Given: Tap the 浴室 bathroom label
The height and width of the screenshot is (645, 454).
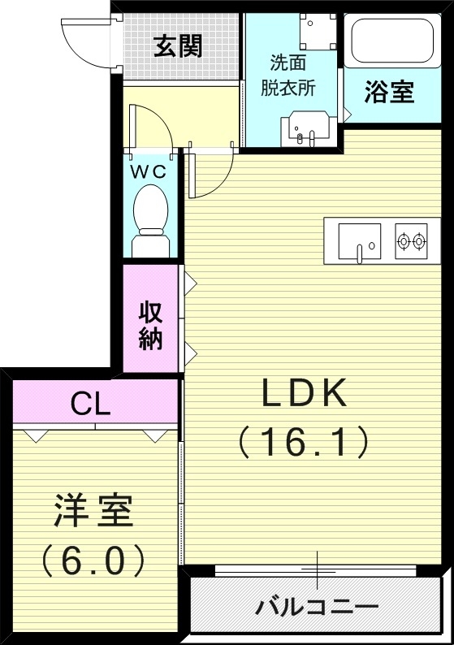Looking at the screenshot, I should pyautogui.click(x=388, y=93).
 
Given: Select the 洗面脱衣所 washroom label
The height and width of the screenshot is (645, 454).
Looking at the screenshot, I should pyautogui.click(x=288, y=76).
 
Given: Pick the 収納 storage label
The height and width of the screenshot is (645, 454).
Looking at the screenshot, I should pyautogui.click(x=150, y=325).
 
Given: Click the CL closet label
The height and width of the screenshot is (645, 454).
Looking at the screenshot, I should pyautogui.click(x=90, y=404).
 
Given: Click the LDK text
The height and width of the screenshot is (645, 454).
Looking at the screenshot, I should pyautogui.click(x=304, y=394).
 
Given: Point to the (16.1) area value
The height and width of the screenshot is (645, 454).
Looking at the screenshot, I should pyautogui.click(x=304, y=442).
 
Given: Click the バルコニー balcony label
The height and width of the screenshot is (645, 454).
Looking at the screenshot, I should pyautogui.click(x=317, y=606).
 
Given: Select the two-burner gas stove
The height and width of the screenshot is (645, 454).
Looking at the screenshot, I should pyautogui.click(x=411, y=240).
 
